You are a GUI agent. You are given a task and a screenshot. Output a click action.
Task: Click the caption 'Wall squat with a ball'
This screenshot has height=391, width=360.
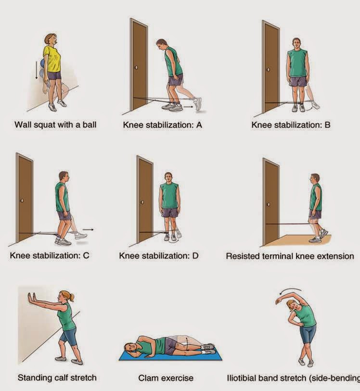point(55,125)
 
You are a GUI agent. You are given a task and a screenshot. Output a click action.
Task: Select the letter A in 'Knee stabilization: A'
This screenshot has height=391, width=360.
point(199,125)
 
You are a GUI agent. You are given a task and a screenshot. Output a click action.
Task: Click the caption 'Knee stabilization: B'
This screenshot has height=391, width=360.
point(291,125)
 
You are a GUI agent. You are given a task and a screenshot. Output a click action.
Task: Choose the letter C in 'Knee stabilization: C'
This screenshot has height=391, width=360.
point(86,255)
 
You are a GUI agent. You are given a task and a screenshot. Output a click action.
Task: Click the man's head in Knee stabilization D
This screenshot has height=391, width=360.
point(168,177)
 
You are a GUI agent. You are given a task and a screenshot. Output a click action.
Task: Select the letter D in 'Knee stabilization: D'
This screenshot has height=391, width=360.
point(195,255)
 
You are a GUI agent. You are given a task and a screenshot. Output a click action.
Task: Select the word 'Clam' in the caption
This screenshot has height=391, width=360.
point(149,378)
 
